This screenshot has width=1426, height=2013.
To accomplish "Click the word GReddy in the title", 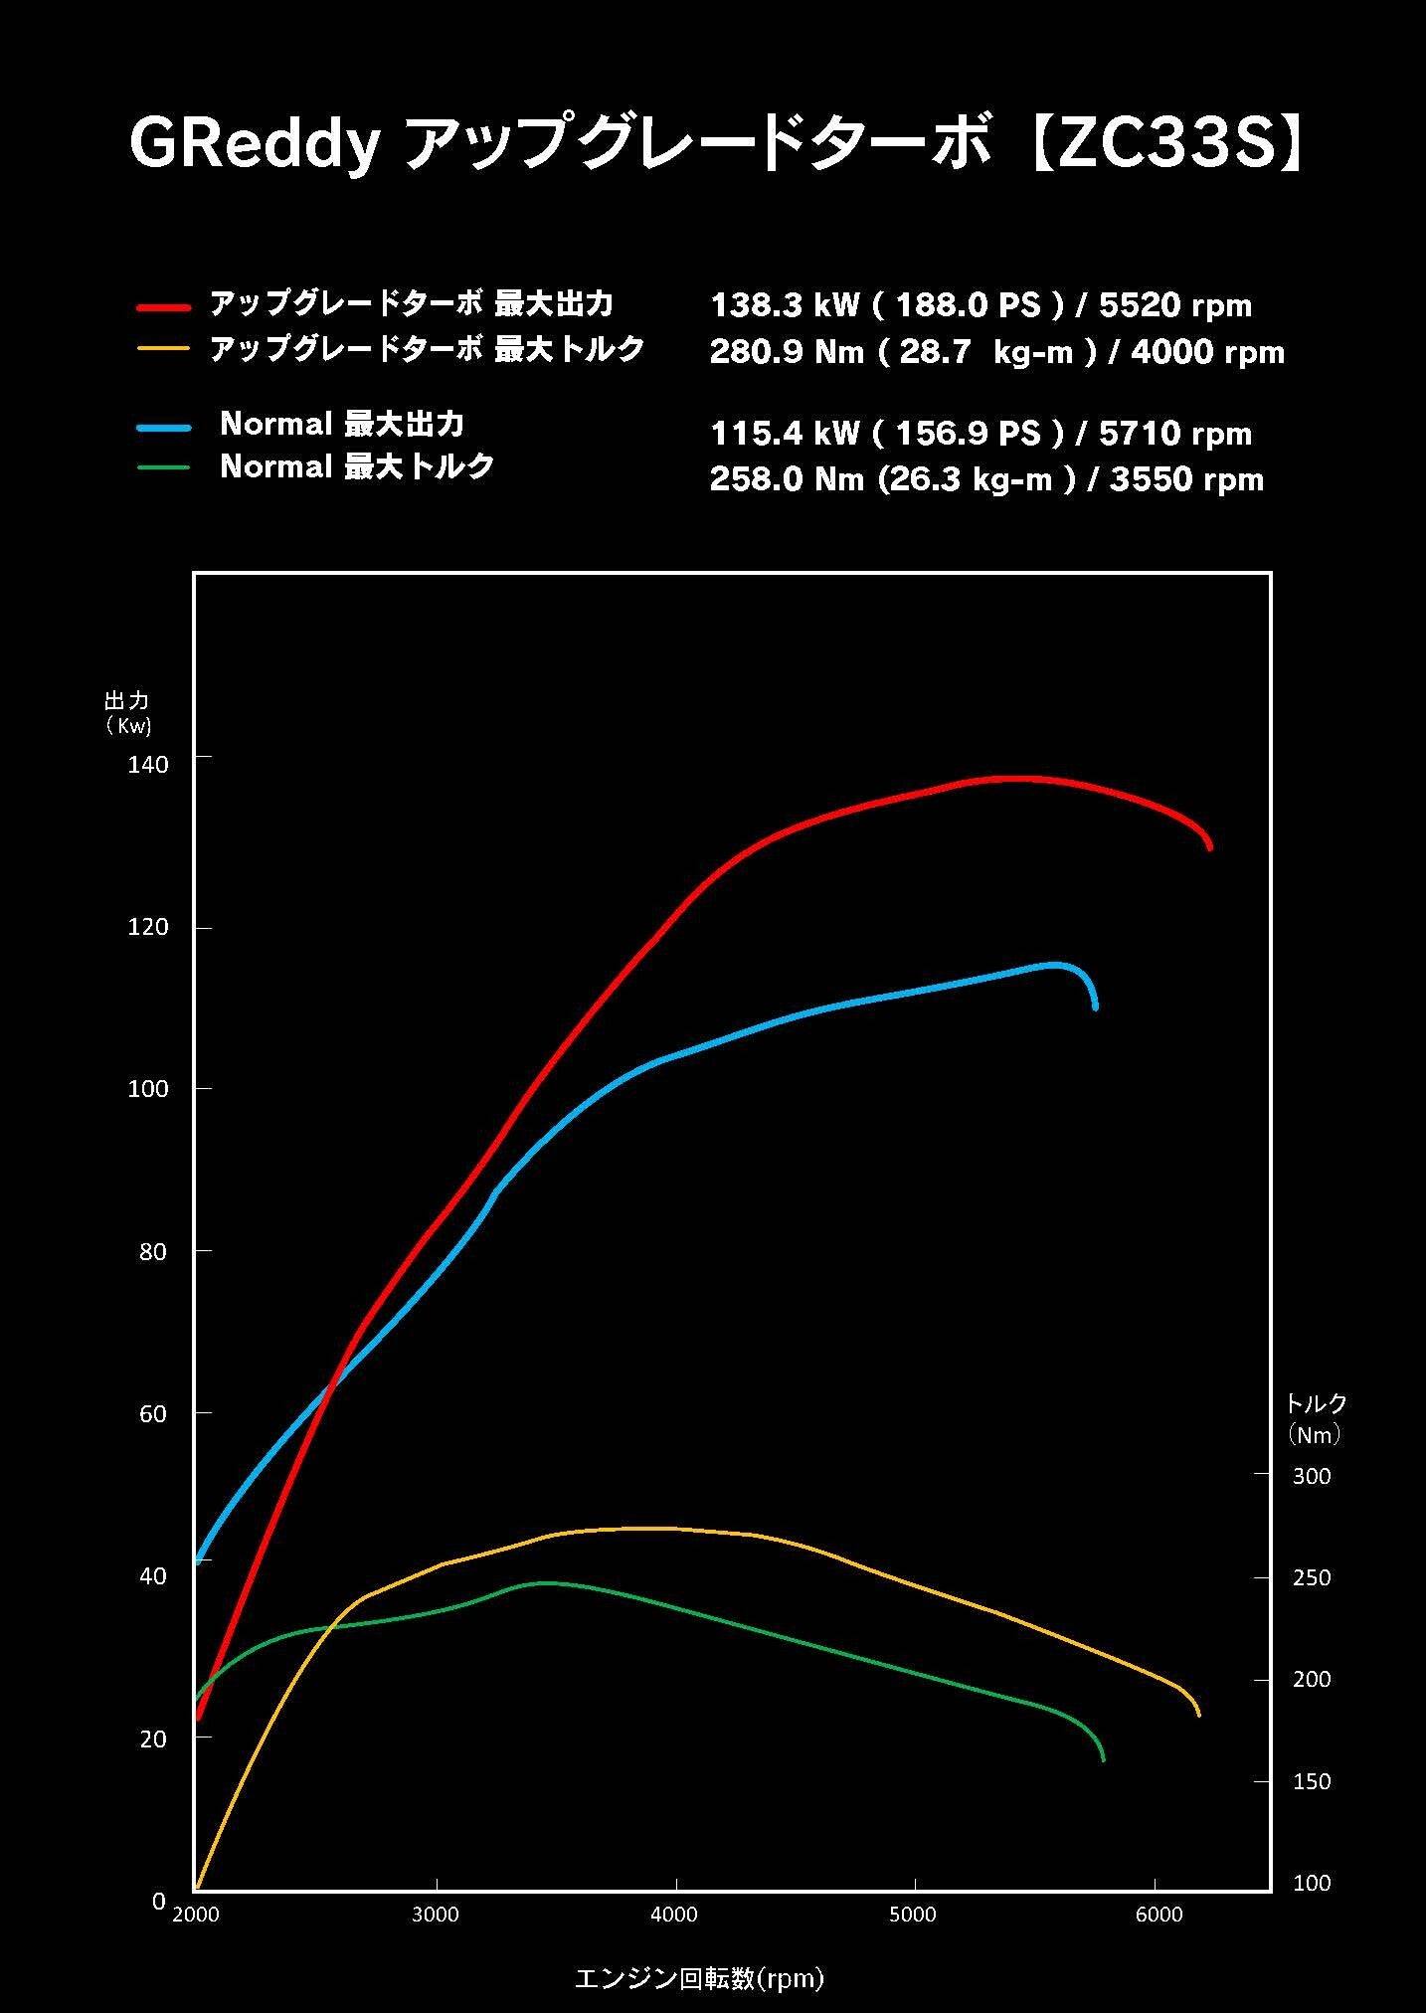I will [x=256, y=145].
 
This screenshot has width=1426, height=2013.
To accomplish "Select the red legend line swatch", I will [x=163, y=307].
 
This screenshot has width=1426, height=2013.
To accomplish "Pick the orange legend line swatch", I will [x=163, y=349].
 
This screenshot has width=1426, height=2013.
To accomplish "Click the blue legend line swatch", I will [x=163, y=427].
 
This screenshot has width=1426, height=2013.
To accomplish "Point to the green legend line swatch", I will [x=163, y=466].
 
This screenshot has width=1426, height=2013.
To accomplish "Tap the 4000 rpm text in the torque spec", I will [x=1207, y=352].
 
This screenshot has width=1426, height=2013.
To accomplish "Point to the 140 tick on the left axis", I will [x=149, y=764].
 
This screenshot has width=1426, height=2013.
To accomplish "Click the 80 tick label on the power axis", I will [x=153, y=1251].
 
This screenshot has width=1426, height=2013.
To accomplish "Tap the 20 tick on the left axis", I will [x=153, y=1738].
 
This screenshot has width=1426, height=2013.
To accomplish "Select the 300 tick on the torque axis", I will [x=1311, y=1476].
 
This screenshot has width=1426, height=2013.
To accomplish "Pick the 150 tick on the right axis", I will [x=1311, y=1781].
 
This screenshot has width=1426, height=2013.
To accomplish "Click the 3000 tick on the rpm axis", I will [x=436, y=1914].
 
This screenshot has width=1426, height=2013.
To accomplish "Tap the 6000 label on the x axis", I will [x=1159, y=1914].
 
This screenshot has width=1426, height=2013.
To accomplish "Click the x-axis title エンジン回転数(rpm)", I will [x=700, y=1978].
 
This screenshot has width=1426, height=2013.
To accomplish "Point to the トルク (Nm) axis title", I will [x=1315, y=1418].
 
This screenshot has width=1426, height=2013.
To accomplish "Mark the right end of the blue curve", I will [x=1095, y=1006].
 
